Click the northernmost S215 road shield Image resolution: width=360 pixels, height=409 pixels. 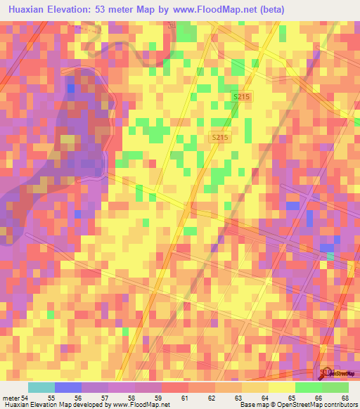tap(243, 96)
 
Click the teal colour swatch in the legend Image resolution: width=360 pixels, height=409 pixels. tap(41, 387)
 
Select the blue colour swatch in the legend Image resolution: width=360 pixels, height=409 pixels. tap(68, 387)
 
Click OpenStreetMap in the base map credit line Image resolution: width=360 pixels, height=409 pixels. tap(290, 405)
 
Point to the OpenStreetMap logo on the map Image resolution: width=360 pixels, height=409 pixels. tap(336, 373)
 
